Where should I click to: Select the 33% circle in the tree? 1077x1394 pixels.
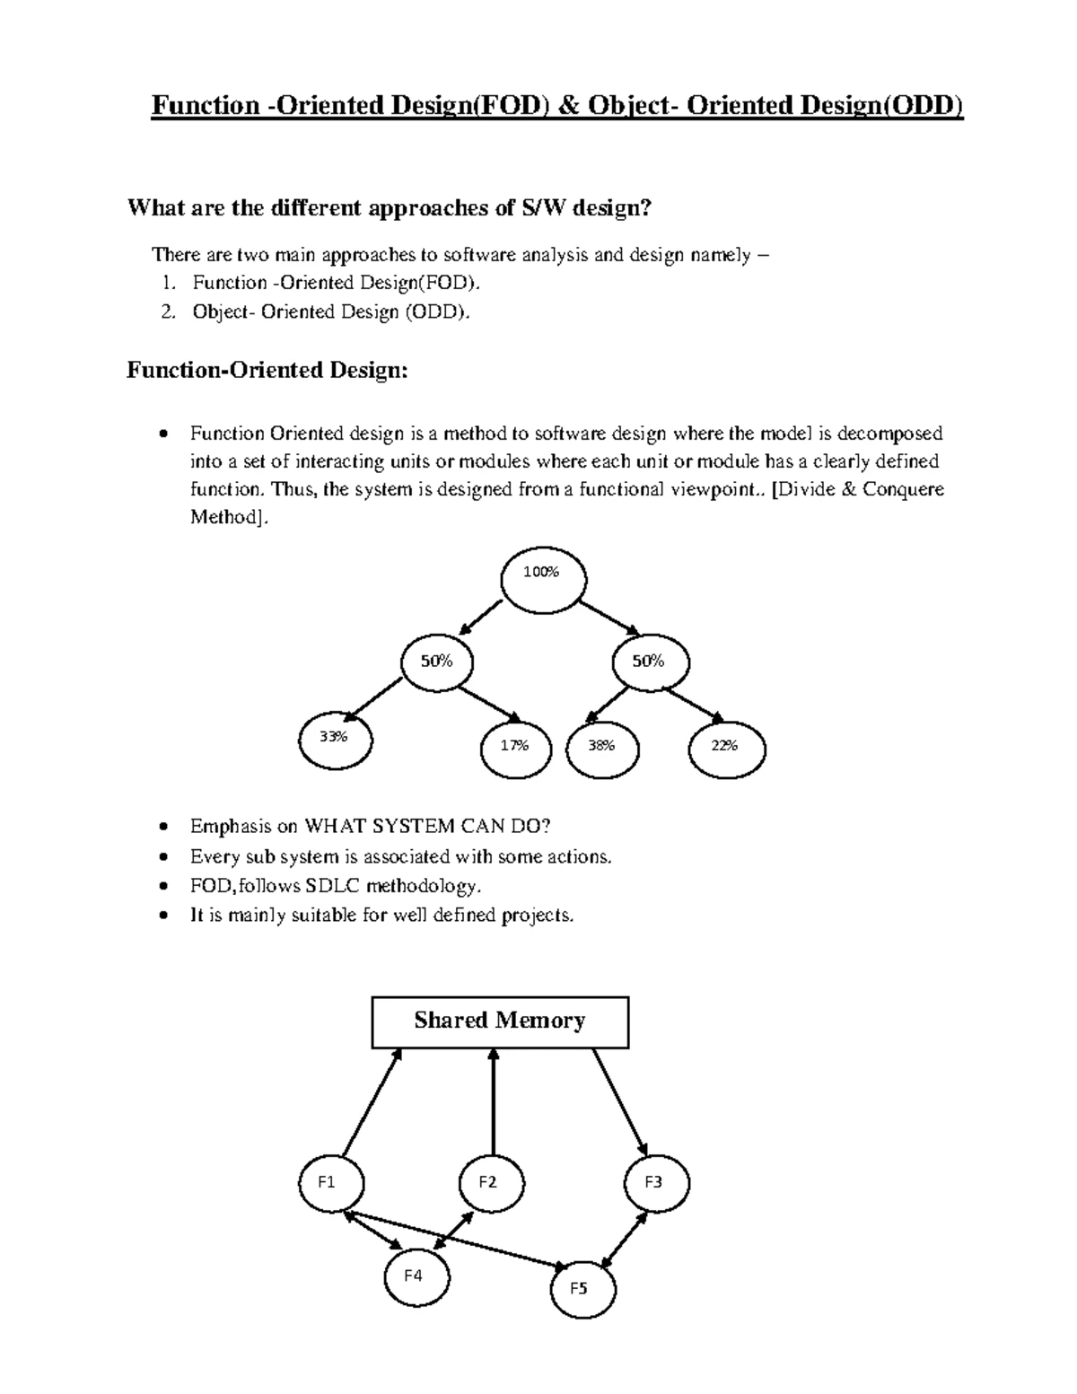click(x=334, y=741)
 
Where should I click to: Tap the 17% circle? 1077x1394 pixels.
click(x=516, y=750)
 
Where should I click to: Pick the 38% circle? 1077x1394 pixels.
click(x=603, y=750)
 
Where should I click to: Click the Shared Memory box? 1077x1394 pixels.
click(x=500, y=1021)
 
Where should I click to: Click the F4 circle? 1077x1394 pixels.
click(x=416, y=1277)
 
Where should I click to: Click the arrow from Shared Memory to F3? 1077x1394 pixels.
click(x=619, y=1102)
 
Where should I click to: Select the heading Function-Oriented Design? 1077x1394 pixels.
click(x=267, y=370)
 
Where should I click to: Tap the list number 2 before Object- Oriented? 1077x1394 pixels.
click(x=167, y=312)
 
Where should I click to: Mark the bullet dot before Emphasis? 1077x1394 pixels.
click(x=162, y=826)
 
